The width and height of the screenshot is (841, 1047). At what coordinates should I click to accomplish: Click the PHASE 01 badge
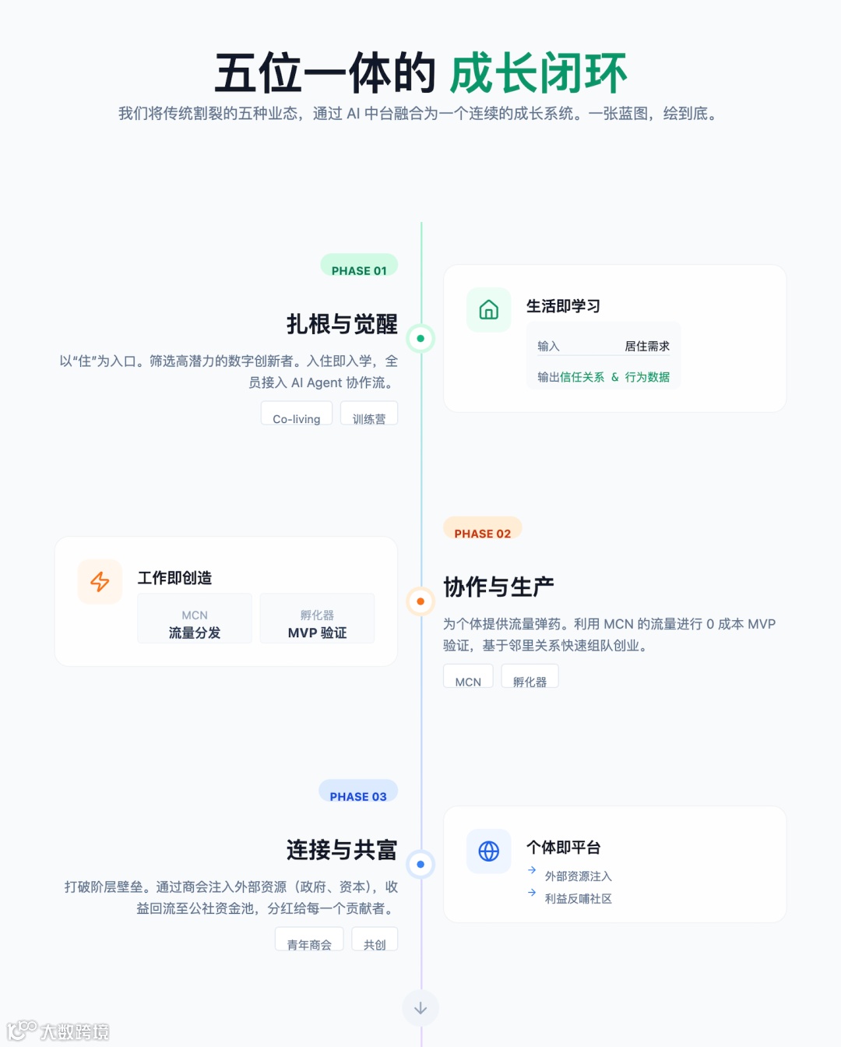359,267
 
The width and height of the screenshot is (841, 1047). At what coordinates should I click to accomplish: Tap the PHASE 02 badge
482,530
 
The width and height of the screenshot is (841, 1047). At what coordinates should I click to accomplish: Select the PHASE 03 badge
358,793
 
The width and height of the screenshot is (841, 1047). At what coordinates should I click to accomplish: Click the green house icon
489,310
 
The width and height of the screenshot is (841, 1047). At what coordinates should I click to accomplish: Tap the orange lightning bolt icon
100,582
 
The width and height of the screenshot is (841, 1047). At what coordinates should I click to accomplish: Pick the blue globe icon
489,851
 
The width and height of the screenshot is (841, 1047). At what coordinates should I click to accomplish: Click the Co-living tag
297,414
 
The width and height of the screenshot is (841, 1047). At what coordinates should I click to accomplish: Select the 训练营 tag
369,414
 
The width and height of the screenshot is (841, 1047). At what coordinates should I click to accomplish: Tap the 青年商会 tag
309,940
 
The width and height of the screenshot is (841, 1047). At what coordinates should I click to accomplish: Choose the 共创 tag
375,940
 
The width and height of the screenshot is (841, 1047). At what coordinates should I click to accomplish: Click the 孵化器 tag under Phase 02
530,678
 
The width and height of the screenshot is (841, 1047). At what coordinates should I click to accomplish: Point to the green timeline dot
420,338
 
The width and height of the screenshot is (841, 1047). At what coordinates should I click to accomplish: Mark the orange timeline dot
420,601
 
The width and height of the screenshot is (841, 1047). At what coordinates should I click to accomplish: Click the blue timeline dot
420,864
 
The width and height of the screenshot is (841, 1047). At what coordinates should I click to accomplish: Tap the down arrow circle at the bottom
420,1008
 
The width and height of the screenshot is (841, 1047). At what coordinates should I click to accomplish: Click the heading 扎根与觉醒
342,324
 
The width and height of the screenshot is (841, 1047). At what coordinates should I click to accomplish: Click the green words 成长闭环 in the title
538,74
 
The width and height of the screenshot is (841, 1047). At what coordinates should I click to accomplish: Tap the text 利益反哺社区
578,898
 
